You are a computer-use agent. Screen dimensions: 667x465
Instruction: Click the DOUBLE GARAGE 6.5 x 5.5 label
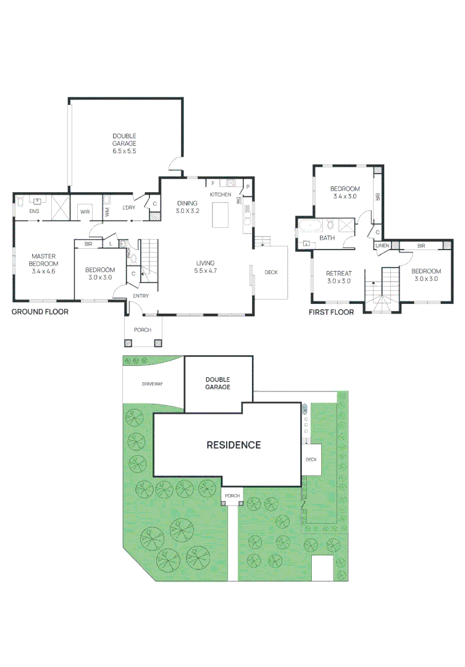(x=124, y=143)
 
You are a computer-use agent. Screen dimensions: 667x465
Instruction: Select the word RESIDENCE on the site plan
(x=233, y=445)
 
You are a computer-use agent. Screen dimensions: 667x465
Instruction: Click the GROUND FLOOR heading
(x=40, y=312)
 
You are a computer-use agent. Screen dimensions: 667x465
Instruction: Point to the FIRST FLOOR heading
(x=331, y=313)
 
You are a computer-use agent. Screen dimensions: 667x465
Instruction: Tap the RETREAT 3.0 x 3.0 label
(x=338, y=277)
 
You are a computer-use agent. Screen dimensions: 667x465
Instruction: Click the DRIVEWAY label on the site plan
(x=152, y=384)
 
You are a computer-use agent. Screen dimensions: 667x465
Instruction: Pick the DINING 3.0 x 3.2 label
(x=187, y=207)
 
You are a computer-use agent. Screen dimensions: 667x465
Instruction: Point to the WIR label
(x=85, y=212)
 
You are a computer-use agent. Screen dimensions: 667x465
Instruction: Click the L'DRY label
(x=128, y=208)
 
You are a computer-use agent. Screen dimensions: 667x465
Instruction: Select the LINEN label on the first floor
(x=382, y=246)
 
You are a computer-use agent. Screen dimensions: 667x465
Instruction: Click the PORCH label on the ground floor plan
(x=143, y=330)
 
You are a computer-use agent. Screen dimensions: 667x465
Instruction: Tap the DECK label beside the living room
(x=271, y=272)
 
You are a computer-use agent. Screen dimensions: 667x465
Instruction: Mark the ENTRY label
(x=141, y=296)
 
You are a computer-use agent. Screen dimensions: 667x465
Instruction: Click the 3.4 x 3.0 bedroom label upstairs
(x=345, y=193)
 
